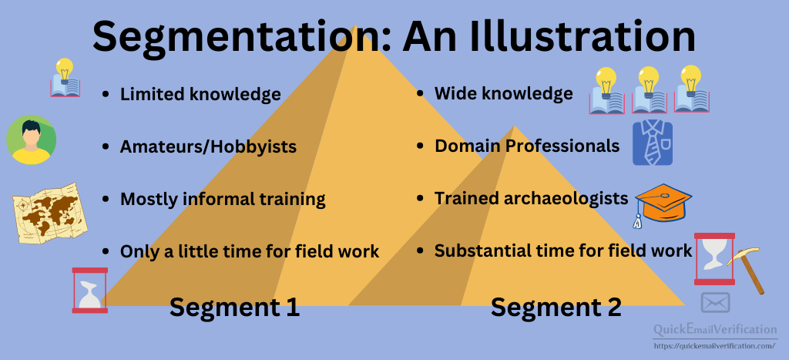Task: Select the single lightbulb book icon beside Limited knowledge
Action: (x=65, y=78)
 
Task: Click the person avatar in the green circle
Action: (x=31, y=140)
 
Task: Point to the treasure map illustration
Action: (x=50, y=213)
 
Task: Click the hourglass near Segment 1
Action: (x=90, y=291)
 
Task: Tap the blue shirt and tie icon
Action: (x=653, y=143)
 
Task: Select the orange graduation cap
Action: (x=662, y=204)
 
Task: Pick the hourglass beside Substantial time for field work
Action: (x=714, y=259)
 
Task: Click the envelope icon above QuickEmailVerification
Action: (x=715, y=303)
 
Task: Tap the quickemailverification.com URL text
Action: (x=714, y=346)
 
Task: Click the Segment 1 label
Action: (x=234, y=307)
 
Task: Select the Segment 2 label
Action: (x=556, y=307)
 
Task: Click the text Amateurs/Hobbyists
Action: (x=208, y=146)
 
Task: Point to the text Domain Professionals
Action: (x=527, y=146)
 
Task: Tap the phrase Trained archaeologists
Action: (x=532, y=199)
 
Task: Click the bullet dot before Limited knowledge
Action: (x=105, y=94)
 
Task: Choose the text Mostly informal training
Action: (x=223, y=200)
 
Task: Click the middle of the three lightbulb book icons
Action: (x=649, y=90)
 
